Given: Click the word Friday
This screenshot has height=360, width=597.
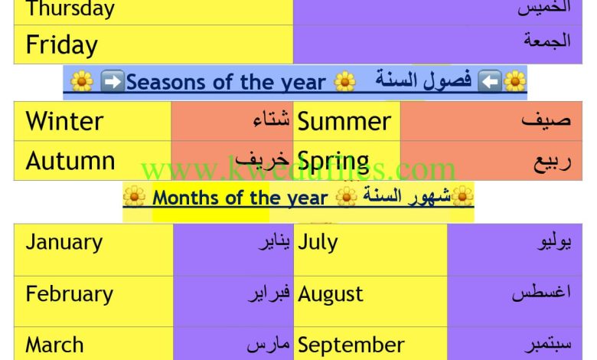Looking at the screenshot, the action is (x=62, y=45).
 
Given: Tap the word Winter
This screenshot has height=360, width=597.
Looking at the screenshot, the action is (x=64, y=121).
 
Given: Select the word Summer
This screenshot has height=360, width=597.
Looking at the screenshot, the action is (x=344, y=122).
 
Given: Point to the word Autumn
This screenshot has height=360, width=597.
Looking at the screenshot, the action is (x=70, y=160).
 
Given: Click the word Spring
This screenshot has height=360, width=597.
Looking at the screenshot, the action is (x=333, y=162).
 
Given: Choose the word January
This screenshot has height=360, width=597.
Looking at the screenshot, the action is (x=64, y=242).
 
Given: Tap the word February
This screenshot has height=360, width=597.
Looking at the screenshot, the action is (x=70, y=294).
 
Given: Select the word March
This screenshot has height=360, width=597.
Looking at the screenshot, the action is (x=54, y=345).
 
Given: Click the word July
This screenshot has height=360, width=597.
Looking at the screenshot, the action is (x=317, y=242).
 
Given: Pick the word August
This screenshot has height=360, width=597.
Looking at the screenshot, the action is (x=330, y=294).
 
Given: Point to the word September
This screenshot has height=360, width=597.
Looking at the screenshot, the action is (x=351, y=345).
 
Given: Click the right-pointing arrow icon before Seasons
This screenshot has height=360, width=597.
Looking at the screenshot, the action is (x=113, y=81).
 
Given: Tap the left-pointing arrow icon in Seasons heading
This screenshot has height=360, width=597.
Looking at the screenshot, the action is (x=490, y=81).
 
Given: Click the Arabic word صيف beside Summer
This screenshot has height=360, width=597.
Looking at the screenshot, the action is (x=546, y=119).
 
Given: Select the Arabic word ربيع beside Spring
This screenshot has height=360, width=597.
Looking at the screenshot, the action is (x=552, y=162).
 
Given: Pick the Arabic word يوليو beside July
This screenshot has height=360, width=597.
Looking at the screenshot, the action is (x=554, y=242).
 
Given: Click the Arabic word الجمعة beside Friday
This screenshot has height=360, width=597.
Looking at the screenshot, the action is (x=547, y=41).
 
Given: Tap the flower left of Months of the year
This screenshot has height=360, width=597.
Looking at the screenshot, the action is (x=135, y=196).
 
